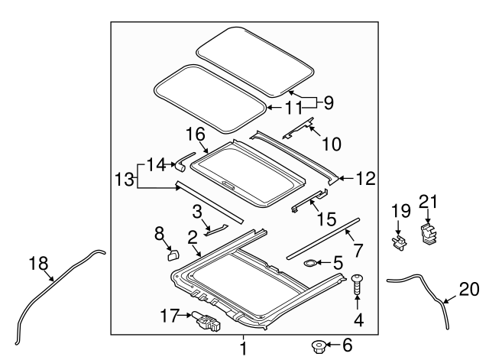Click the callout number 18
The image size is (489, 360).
39,263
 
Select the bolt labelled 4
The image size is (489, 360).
357,284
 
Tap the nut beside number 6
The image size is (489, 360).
319,346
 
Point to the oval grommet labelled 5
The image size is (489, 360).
309,264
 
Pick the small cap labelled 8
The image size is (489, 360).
173,255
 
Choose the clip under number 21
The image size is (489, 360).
427,235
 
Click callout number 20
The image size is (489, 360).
468,289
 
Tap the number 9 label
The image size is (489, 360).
329,102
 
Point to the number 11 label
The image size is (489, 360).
293,108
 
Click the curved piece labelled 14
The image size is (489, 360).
185,161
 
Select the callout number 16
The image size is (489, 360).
196,135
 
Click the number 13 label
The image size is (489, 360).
125,180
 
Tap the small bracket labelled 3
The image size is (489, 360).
217,229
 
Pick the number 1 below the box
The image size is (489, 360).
244,349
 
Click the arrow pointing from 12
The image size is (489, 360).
346,178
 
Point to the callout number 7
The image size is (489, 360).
358,250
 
